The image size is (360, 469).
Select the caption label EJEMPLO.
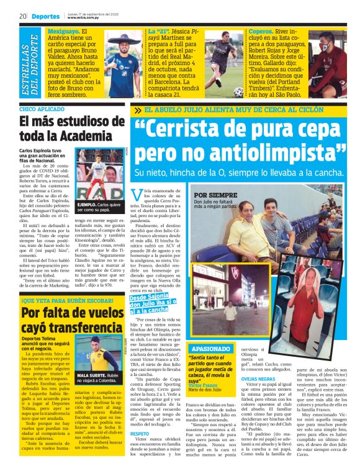88,203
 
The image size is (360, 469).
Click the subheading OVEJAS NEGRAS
258,378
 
